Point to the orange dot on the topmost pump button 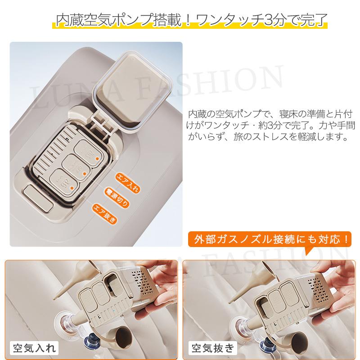pyautogui.click(x=95, y=157)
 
